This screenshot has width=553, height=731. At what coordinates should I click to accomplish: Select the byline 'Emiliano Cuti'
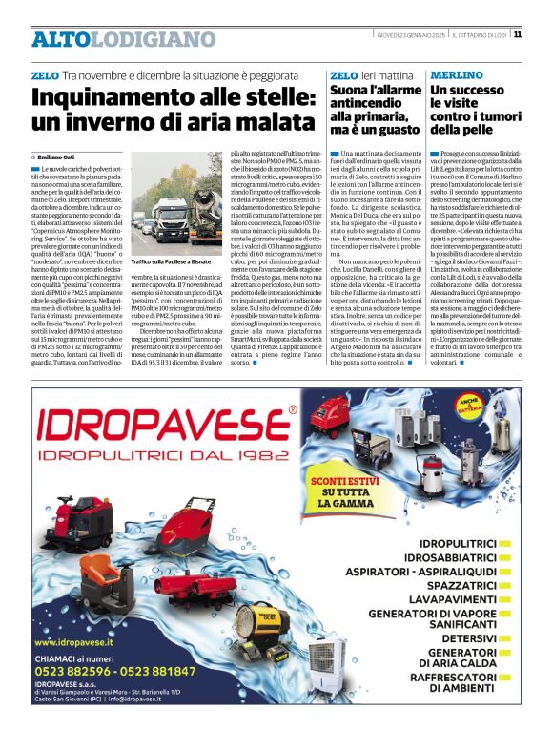pos(58,157)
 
